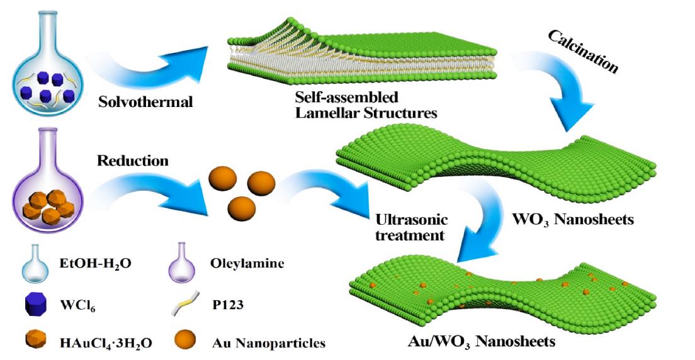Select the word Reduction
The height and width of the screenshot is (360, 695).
tap(133, 160)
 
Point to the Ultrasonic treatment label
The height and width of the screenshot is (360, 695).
tap(402, 228)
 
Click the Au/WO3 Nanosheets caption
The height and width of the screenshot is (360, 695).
tap(482, 342)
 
